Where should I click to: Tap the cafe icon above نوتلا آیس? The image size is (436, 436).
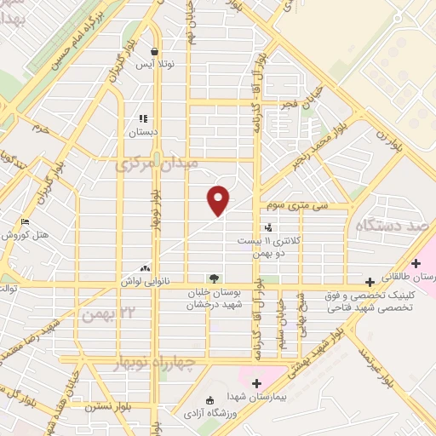pos(153,50)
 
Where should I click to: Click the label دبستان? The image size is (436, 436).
pos(143,133)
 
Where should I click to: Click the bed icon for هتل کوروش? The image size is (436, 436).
pos(26,223)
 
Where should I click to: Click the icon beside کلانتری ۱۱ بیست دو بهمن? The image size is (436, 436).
pos(269,227)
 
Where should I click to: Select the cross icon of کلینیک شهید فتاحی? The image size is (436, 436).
pos(370,282)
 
